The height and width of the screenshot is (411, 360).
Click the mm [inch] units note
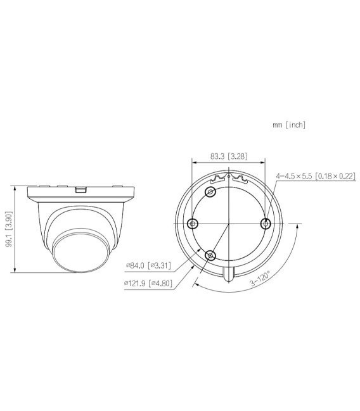click(289, 125)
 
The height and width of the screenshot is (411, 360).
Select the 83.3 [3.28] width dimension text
click(229, 156)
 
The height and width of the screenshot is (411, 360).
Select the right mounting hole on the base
click(266, 223)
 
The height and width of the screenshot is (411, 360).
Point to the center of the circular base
click(229, 223)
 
